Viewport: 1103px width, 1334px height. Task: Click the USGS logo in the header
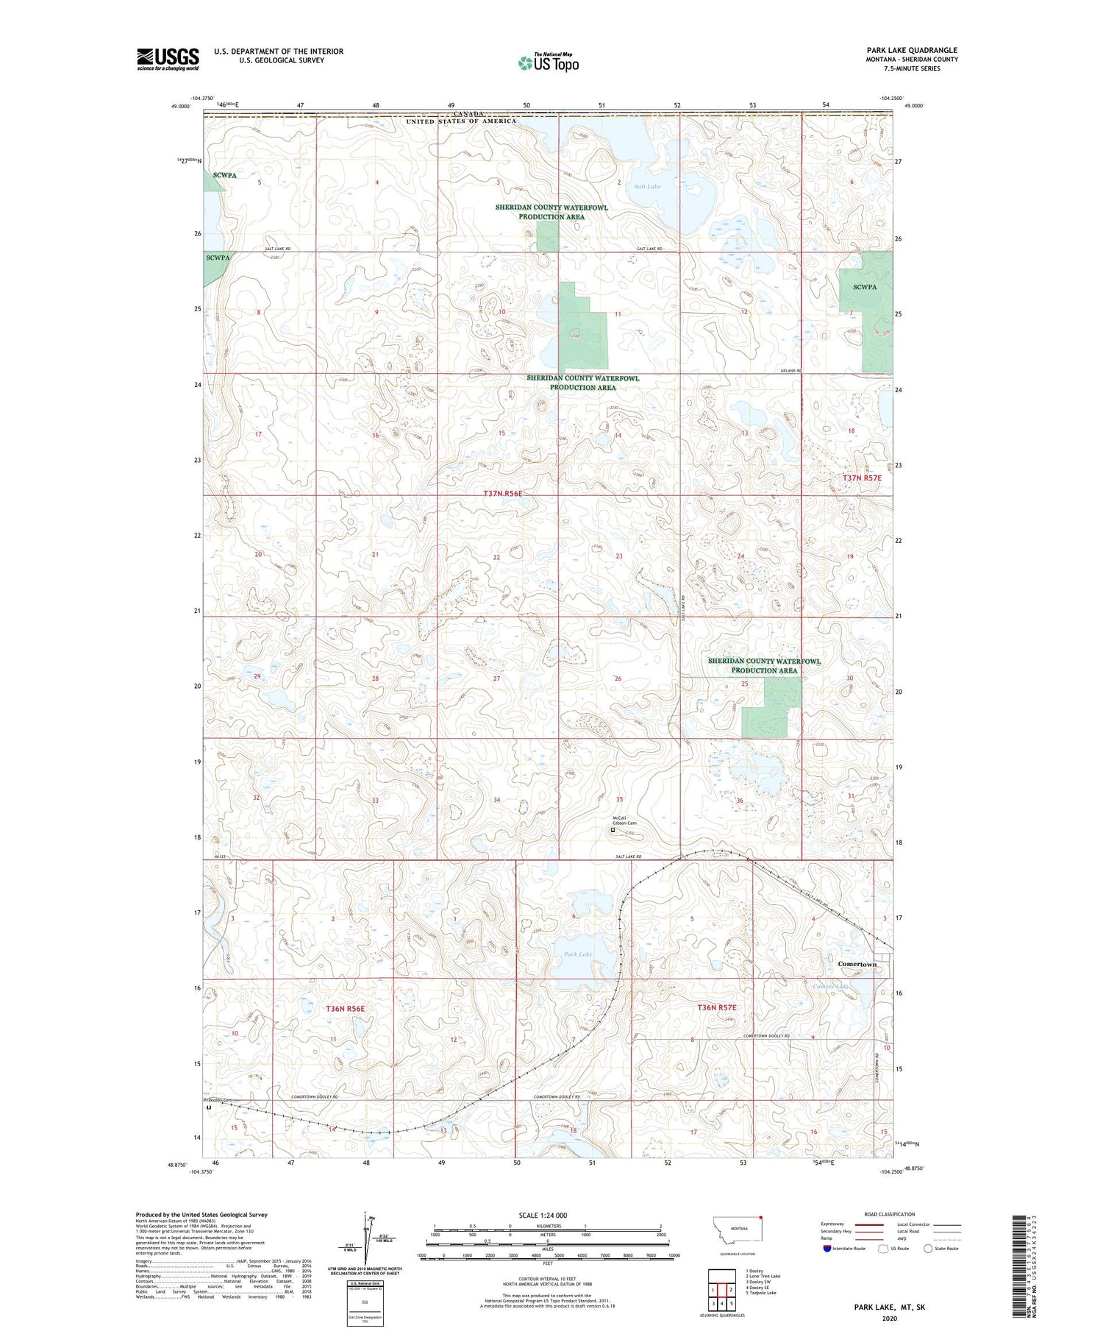click(168, 58)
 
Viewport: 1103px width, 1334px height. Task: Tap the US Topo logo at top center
click(548, 63)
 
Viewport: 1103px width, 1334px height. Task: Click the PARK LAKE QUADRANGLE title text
click(912, 50)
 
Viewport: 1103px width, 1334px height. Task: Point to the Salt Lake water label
click(647, 187)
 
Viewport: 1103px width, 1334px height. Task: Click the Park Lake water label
click(578, 954)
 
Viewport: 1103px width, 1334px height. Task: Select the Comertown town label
click(857, 964)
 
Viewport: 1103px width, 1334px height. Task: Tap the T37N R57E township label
click(862, 478)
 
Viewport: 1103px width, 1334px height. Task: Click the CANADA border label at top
click(468, 114)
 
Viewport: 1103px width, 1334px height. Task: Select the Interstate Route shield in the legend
click(827, 1249)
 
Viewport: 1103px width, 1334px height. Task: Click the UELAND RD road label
click(791, 371)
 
